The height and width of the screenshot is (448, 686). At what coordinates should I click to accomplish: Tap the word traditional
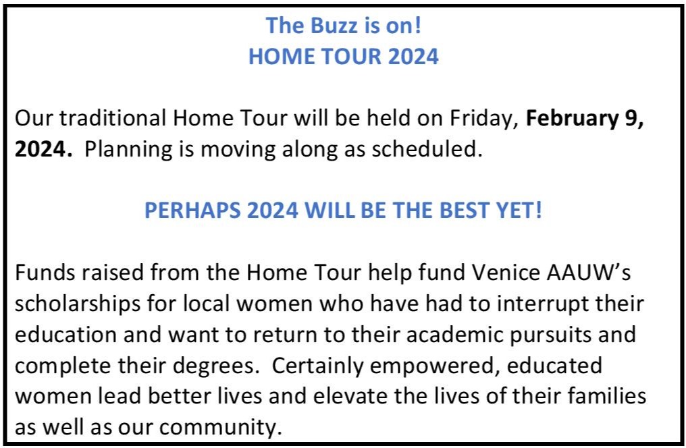pyautogui.click(x=113, y=118)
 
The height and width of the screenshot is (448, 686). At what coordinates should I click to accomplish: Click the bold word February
pyautogui.click(x=571, y=119)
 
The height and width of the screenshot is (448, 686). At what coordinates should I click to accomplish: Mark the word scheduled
pyautogui.click(x=427, y=149)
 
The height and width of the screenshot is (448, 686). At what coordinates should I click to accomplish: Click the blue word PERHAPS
pyautogui.click(x=192, y=211)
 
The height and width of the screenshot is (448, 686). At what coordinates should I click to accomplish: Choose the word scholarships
pyautogui.click(x=78, y=304)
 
